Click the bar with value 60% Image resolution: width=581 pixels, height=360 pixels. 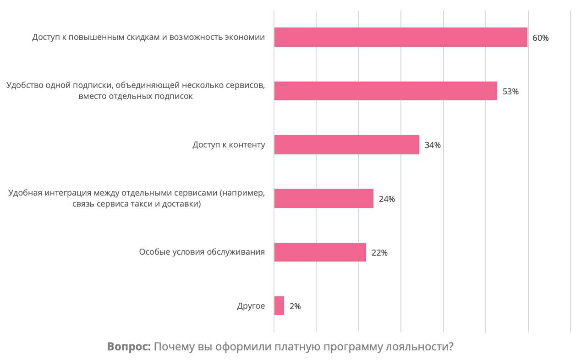pyautogui.click(x=400, y=37)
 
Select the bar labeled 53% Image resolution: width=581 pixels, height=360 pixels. pyautogui.click(x=385, y=91)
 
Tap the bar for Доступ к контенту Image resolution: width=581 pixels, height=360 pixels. pyautogui.click(x=346, y=145)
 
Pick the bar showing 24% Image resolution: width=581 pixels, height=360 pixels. pyautogui.click(x=323, y=198)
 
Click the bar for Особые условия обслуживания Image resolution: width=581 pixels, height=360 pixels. pyautogui.click(x=320, y=252)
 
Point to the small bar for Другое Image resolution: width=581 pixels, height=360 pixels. pyautogui.click(x=279, y=305)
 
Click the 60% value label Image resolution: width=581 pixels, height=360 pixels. pyautogui.click(x=540, y=38)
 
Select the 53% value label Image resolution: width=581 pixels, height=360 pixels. pyautogui.click(x=510, y=92)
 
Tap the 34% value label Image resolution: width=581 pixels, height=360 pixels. pyautogui.click(x=433, y=145)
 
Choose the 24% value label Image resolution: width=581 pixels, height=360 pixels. pyautogui.click(x=387, y=199)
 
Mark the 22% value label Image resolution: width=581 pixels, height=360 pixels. pyautogui.click(x=379, y=253)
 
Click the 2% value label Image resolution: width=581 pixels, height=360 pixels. pyautogui.click(x=295, y=306)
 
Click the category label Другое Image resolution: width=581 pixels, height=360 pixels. pyautogui.click(x=251, y=306)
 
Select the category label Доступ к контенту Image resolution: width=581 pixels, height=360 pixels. pyautogui.click(x=229, y=145)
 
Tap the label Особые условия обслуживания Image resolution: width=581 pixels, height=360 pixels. pyautogui.click(x=202, y=252)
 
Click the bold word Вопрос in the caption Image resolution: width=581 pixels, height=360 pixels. pyautogui.click(x=129, y=347)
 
